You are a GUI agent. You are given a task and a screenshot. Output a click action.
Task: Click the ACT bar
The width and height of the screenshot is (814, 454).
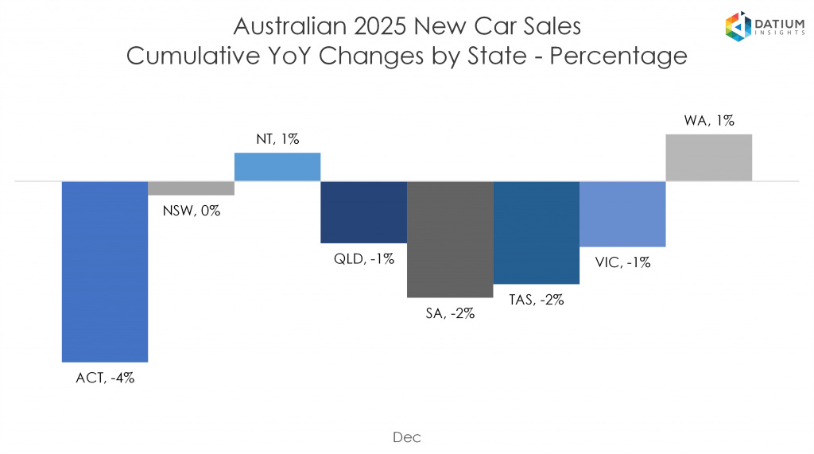[105, 271]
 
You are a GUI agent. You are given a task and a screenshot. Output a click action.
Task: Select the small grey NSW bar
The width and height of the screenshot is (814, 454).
[191, 188]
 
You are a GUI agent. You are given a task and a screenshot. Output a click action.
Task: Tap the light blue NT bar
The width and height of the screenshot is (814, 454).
[277, 167]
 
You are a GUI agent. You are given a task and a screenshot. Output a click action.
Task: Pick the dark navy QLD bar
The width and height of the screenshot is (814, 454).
[363, 211]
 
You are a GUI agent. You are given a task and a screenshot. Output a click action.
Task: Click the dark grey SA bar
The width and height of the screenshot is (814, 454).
[450, 239]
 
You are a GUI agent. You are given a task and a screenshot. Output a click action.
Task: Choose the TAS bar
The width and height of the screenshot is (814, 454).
[536, 232]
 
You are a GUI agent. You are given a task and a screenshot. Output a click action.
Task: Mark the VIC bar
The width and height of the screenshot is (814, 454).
[622, 214]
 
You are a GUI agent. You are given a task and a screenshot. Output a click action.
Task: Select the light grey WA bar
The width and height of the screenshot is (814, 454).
[708, 157]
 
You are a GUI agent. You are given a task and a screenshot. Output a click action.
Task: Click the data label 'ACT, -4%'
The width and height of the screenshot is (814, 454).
[105, 378]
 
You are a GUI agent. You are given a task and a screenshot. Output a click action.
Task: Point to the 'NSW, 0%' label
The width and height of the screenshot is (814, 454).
[192, 211]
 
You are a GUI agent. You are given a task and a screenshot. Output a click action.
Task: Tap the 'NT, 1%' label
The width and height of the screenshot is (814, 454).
[277, 138]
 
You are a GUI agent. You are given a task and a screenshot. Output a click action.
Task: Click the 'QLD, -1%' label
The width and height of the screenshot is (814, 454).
[364, 259]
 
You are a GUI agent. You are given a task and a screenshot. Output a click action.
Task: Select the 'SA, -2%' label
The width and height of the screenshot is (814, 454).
[450, 313]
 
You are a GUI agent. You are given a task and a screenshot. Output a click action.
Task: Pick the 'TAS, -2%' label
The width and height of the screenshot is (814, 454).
[537, 300]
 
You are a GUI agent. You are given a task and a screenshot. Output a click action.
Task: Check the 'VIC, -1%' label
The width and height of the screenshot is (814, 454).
[622, 262]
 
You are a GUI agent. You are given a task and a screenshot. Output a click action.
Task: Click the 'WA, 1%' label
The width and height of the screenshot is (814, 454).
[709, 121]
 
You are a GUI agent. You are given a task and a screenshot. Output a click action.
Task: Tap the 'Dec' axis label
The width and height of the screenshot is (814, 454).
[406, 437]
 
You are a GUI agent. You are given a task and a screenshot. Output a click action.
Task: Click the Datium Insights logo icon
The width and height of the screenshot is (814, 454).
[738, 27]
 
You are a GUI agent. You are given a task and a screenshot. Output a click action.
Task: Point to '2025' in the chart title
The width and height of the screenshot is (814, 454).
[377, 26]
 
